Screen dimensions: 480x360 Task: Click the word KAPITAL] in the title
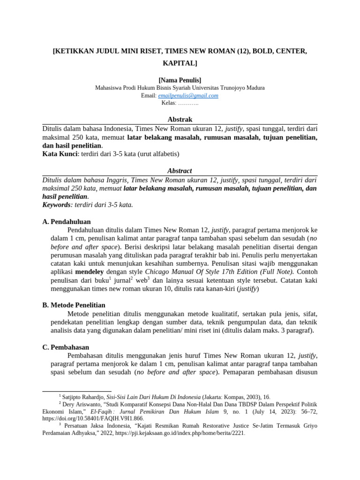(180, 62)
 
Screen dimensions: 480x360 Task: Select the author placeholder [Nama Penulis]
(180, 80)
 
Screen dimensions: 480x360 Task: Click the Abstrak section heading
(180, 120)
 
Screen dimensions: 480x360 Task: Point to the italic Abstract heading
(180, 171)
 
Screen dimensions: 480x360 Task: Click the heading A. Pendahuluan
(66, 221)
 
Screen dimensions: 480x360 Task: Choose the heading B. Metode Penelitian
(74, 305)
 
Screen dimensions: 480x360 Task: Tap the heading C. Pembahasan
(66, 347)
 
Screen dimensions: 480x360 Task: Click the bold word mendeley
(90, 271)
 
